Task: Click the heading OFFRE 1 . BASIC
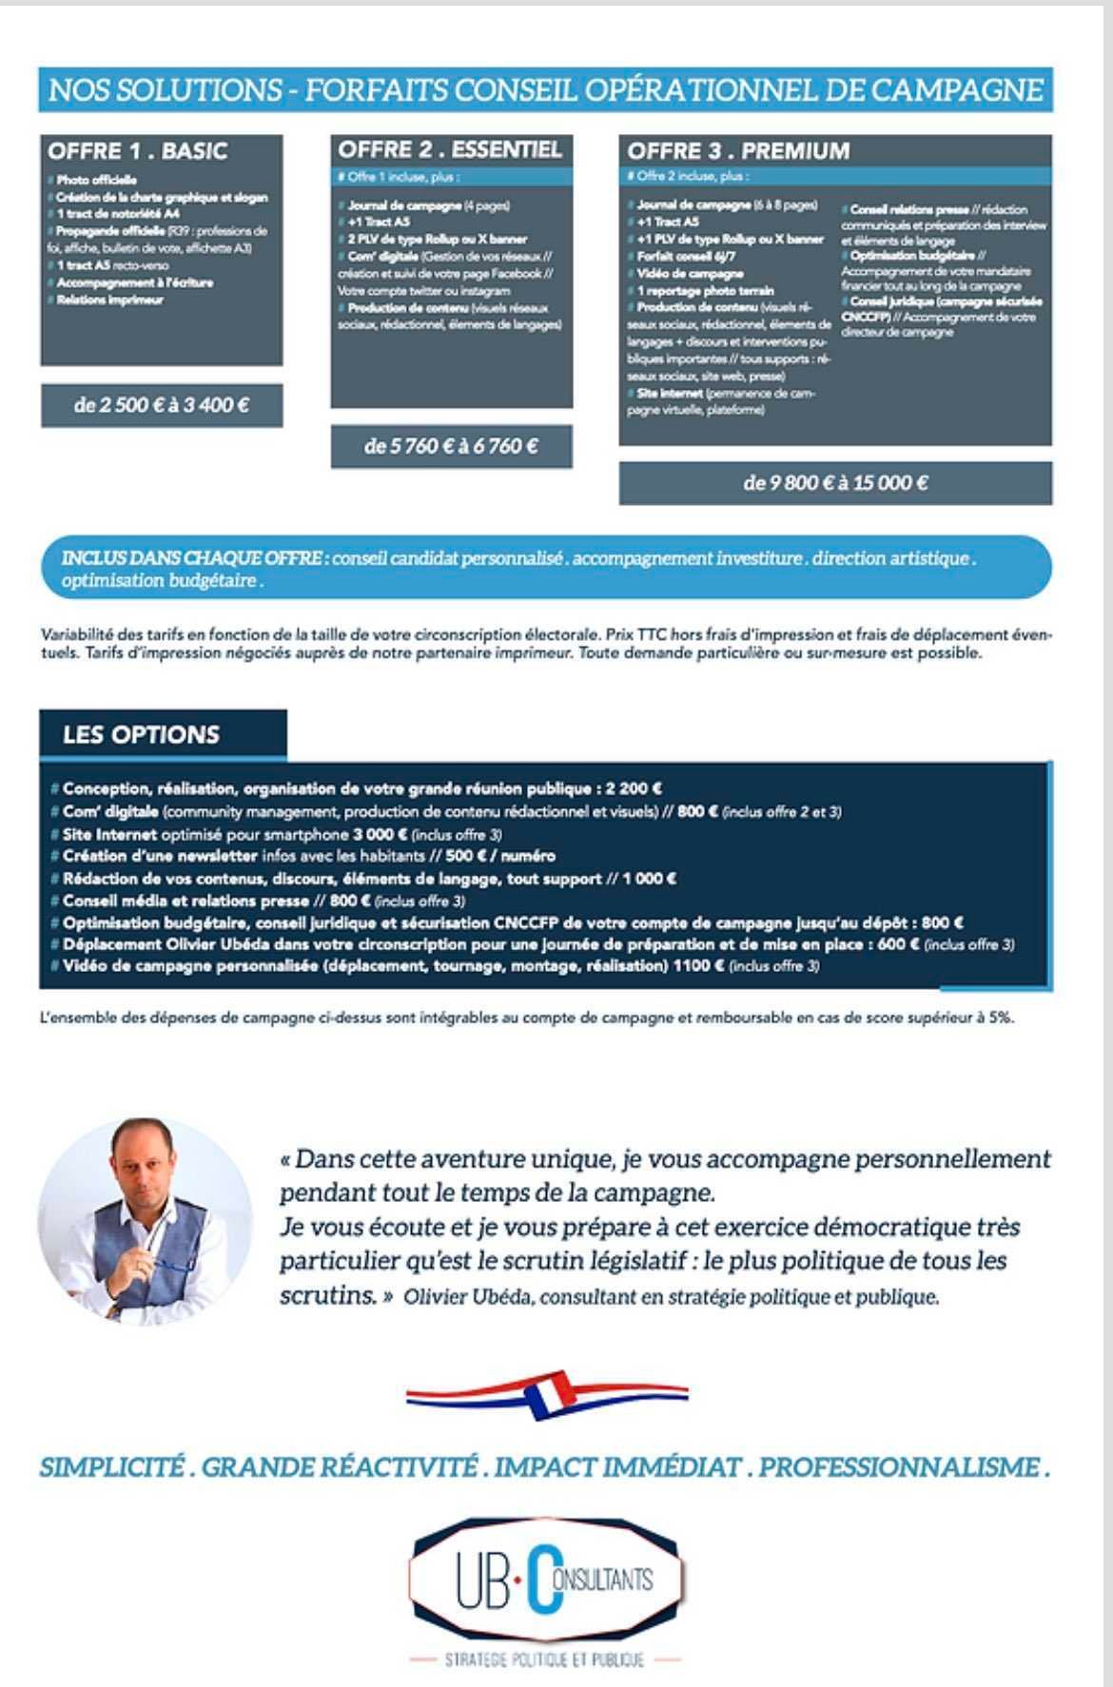click(137, 151)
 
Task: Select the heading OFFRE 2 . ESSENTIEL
click(450, 149)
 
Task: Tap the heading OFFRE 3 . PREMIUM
click(738, 151)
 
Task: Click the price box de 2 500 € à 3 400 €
click(162, 406)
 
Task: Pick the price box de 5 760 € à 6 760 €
click(451, 446)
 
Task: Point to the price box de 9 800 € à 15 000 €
click(835, 483)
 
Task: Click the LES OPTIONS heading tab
click(141, 735)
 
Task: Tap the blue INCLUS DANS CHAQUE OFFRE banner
click(546, 569)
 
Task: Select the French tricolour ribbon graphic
click(547, 1395)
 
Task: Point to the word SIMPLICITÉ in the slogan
click(110, 1467)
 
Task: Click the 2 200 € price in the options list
click(634, 788)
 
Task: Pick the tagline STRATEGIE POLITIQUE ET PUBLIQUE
click(544, 1659)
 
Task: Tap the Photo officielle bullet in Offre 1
click(96, 180)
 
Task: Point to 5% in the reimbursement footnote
click(1001, 1017)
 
